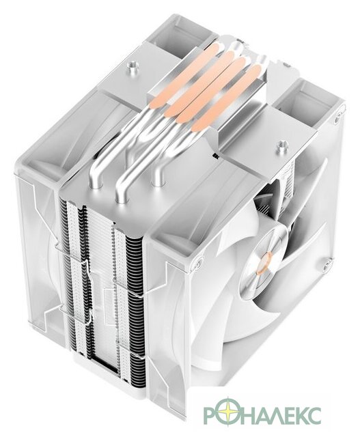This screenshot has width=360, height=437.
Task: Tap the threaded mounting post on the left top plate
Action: (130, 66)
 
